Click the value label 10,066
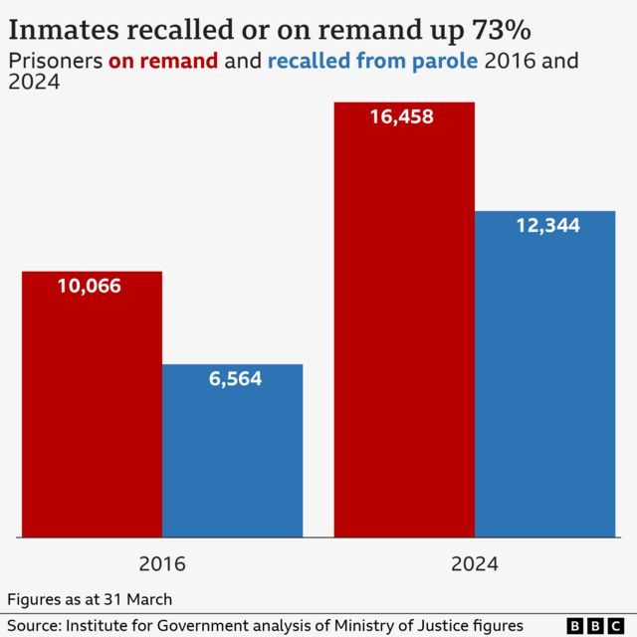tap(90, 287)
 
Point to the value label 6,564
tap(235, 378)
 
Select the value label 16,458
tap(403, 116)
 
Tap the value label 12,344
tap(547, 226)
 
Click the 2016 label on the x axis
tap(162, 564)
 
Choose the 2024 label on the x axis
tap(475, 564)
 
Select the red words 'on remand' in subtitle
tap(163, 61)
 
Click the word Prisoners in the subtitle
tap(55, 61)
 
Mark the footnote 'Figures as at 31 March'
tap(90, 599)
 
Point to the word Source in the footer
tap(31, 625)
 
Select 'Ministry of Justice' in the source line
tap(398, 625)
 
